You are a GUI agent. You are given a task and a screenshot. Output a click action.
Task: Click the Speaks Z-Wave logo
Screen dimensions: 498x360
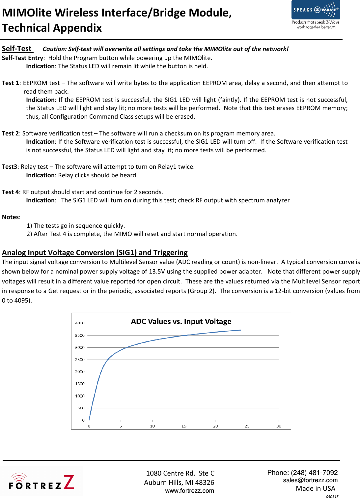[x=316, y=15]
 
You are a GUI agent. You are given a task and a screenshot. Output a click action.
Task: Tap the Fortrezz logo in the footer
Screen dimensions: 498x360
[x=42, y=482]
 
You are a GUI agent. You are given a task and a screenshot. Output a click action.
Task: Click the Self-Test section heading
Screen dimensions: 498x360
[x=17, y=49]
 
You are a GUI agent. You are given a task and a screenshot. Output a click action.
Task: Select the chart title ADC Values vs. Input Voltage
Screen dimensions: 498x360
[x=181, y=322]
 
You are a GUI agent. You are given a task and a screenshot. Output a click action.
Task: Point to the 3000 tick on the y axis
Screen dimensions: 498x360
[x=80, y=347]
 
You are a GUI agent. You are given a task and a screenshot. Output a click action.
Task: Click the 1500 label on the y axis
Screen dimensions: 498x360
[x=80, y=384]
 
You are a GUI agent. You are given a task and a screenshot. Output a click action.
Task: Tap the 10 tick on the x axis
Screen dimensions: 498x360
[x=152, y=426]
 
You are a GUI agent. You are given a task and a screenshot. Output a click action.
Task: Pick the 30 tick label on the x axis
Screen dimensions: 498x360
[x=279, y=426]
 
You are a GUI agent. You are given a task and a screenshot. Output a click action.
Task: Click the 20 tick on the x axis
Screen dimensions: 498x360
[x=215, y=426]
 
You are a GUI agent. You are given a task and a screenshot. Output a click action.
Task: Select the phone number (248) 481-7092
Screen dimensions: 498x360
[x=314, y=473]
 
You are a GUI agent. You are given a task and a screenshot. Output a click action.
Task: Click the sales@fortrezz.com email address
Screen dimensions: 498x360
[x=310, y=480]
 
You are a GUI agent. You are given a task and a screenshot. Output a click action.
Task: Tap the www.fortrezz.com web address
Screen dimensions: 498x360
[x=189, y=491]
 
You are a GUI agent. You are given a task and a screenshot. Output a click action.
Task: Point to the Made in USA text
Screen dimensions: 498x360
[x=315, y=488]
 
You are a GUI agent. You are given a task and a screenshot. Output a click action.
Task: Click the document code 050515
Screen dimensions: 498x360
[x=332, y=496]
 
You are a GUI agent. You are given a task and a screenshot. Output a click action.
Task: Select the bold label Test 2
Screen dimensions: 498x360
[x=10, y=133]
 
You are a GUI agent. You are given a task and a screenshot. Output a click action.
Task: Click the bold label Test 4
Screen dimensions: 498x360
[x=10, y=192]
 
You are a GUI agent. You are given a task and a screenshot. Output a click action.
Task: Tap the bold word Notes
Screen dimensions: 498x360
[x=11, y=217]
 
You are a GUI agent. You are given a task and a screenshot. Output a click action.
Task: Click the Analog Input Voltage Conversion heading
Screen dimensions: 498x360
[x=95, y=253]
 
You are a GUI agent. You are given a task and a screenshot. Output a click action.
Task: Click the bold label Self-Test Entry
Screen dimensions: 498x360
[x=22, y=58]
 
